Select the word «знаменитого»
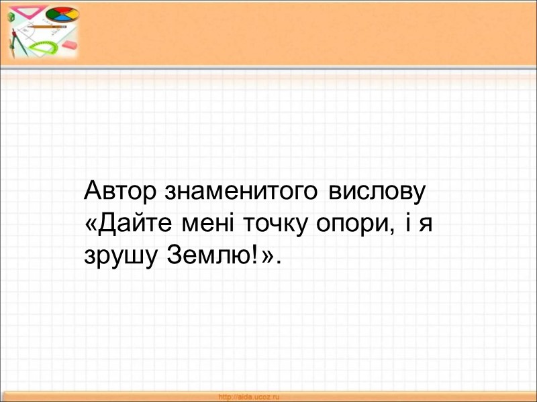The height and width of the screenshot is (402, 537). [242, 193]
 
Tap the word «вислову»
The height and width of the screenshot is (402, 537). [378, 193]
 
